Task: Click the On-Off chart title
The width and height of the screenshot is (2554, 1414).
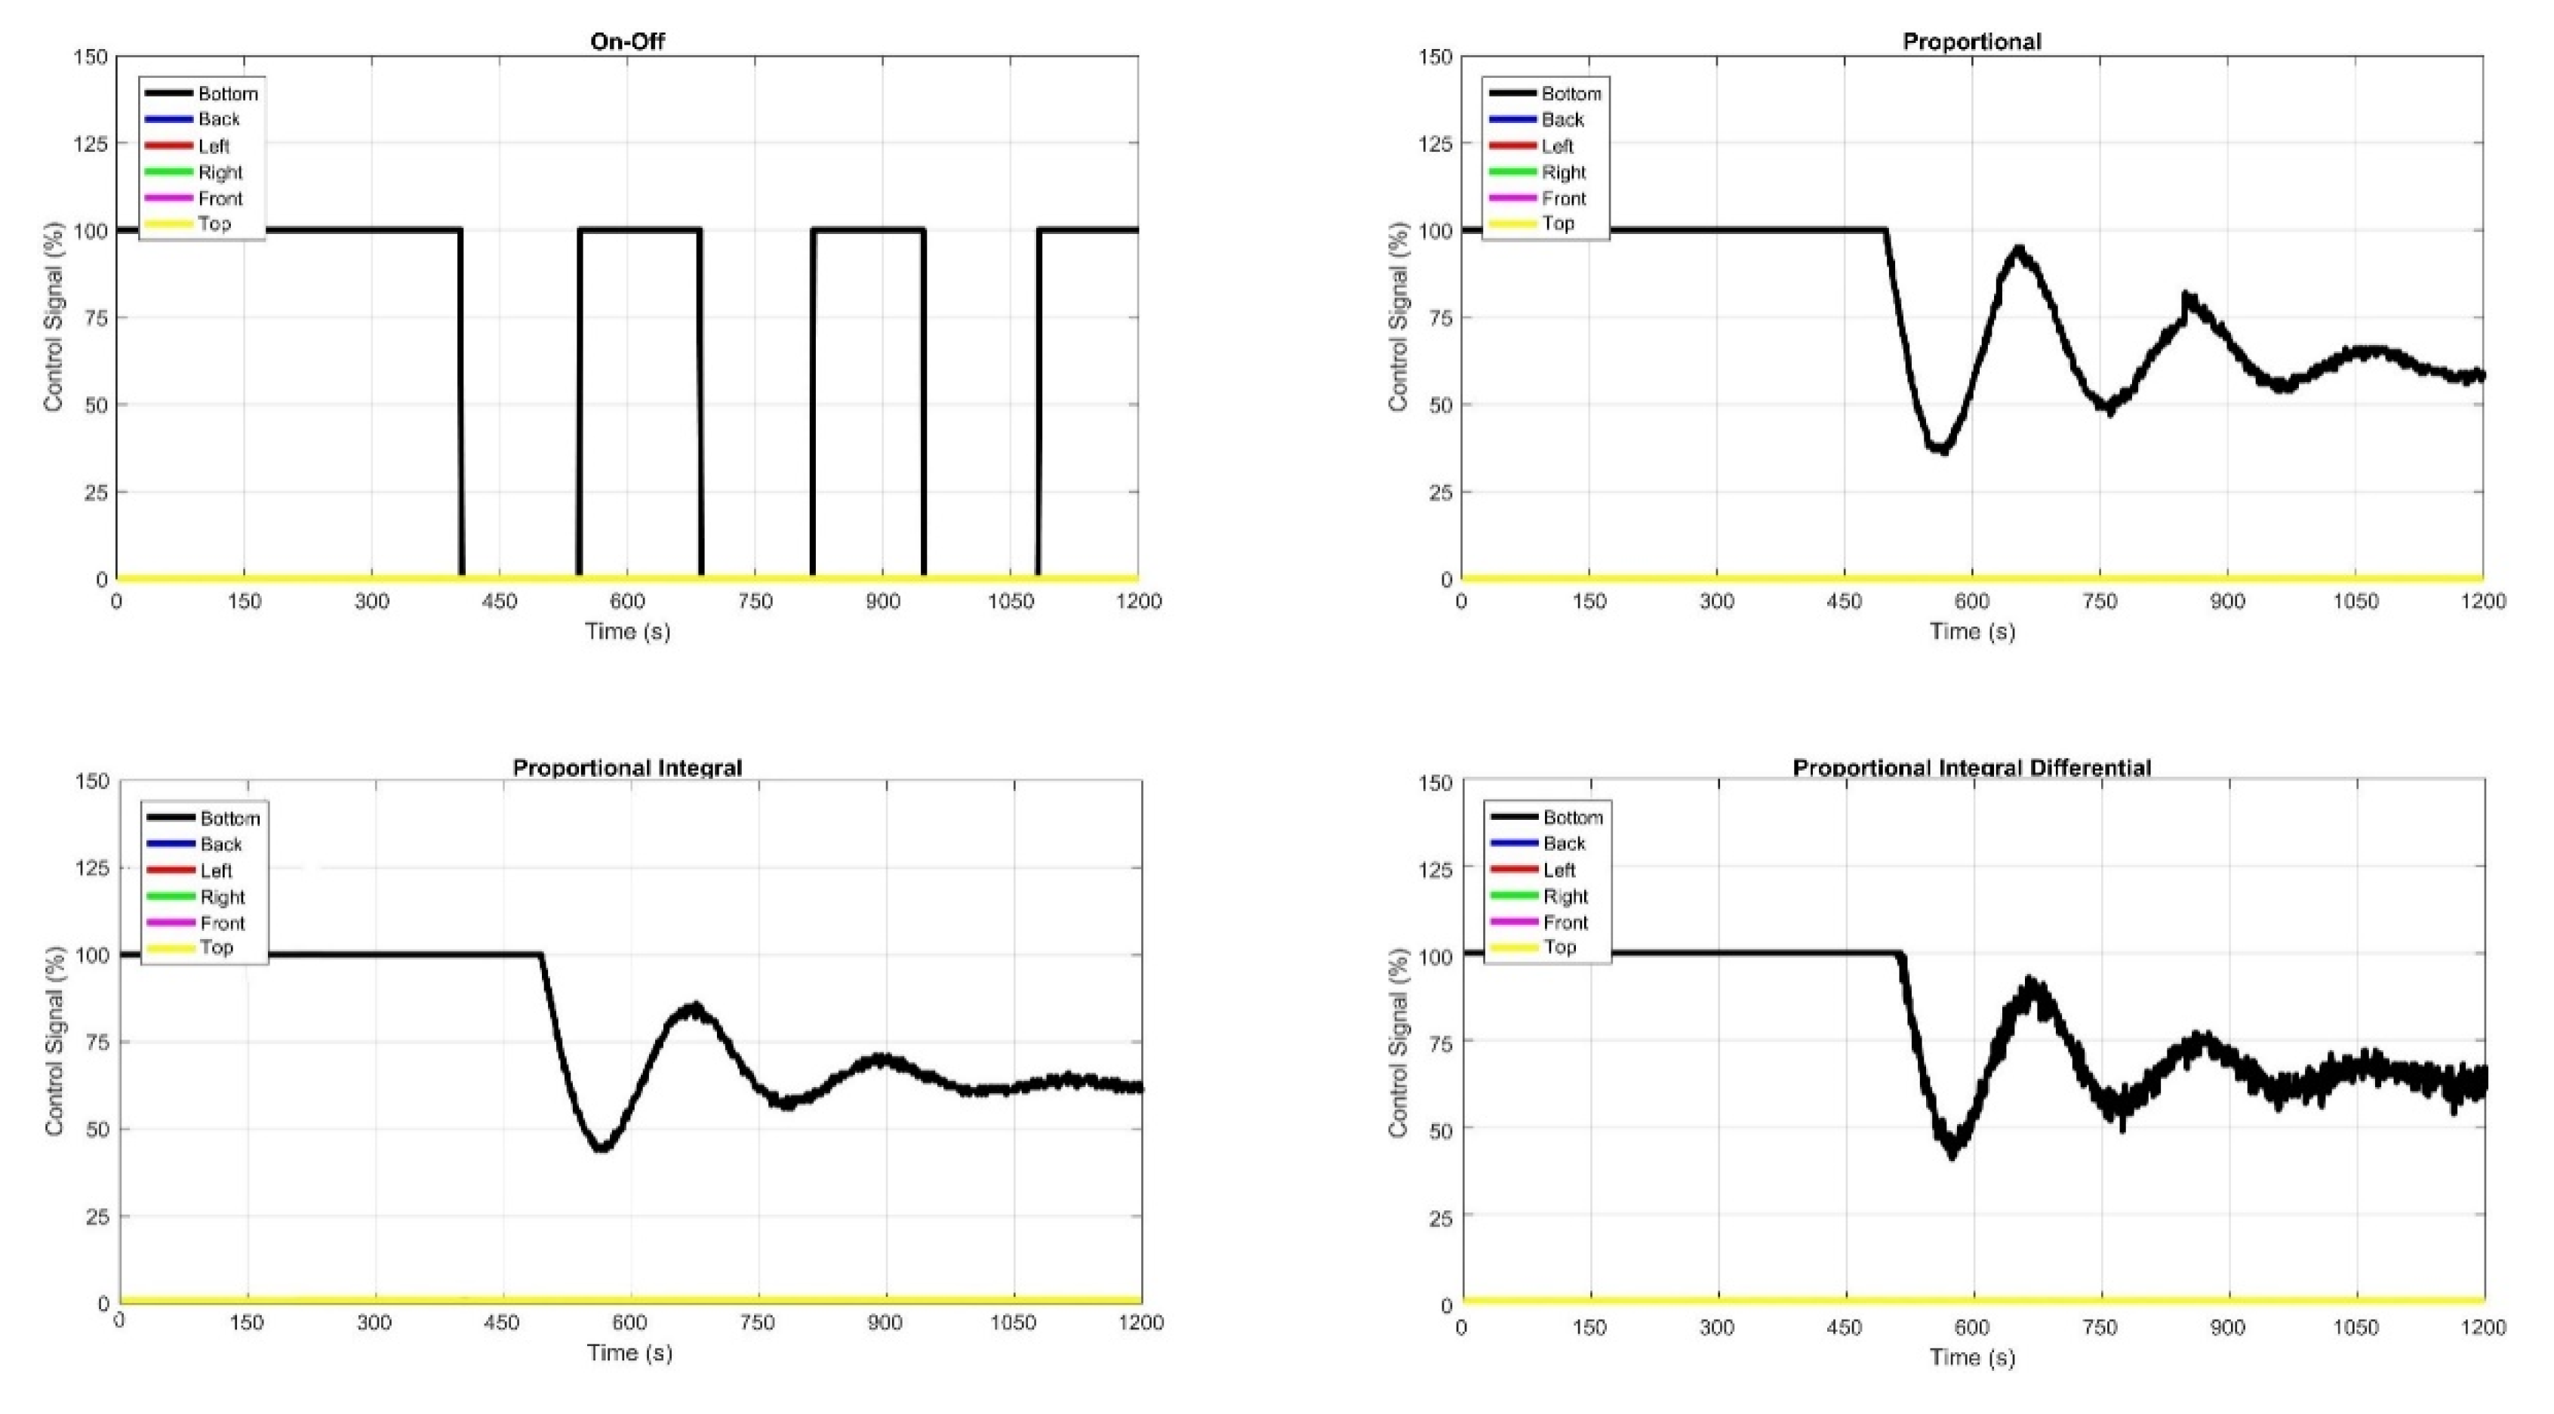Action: [626, 41]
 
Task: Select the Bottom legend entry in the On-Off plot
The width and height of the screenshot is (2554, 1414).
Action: [228, 93]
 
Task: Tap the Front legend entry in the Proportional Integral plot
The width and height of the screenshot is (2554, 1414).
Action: [222, 923]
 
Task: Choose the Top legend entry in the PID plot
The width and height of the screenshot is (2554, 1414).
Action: [1559, 947]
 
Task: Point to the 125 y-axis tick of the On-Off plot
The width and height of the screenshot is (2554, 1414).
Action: [91, 143]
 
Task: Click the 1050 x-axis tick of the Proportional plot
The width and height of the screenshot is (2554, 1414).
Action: [2355, 601]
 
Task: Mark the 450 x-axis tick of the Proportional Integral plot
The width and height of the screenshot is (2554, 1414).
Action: [502, 1323]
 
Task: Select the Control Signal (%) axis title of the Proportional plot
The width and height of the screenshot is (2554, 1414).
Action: [1398, 317]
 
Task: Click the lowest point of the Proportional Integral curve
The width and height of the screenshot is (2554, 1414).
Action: [601, 1148]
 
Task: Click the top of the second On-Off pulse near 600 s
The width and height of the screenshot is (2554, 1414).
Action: [639, 230]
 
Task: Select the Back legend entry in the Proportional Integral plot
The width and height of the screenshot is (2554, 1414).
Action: [220, 845]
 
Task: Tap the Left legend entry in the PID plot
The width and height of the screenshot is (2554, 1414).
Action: [1559, 870]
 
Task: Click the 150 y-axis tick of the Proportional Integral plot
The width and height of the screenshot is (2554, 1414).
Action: [92, 781]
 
